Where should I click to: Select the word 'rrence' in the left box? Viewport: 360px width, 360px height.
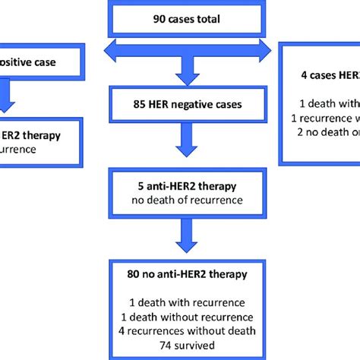coord(18,150)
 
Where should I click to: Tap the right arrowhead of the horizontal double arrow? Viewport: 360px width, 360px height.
coord(266,51)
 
